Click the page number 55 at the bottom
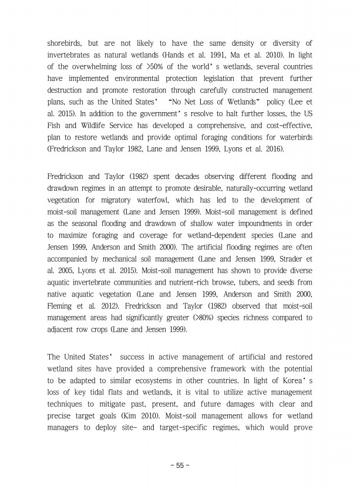(180, 465)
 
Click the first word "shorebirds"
(66, 43)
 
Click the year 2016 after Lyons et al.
(272, 149)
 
